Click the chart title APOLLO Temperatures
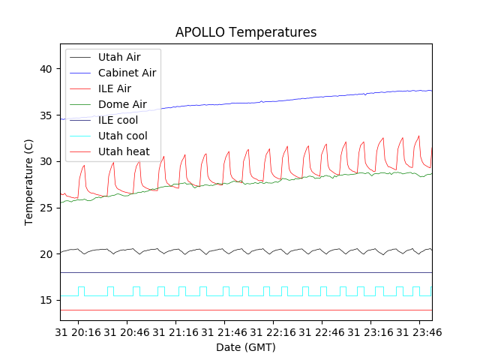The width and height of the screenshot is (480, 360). pyautogui.click(x=246, y=32)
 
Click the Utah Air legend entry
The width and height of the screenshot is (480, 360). pyautogui.click(x=118, y=57)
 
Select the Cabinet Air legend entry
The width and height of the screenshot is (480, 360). pyautogui.click(x=127, y=73)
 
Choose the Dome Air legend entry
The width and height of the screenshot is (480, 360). pyautogui.click(x=122, y=104)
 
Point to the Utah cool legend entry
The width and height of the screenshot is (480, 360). pyautogui.click(x=122, y=136)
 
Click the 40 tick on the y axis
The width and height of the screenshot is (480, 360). pyautogui.click(x=47, y=69)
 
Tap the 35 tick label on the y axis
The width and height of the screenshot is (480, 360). pyautogui.click(x=47, y=115)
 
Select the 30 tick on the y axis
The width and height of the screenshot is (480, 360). pyautogui.click(x=47, y=161)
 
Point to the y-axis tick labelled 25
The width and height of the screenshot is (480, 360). pyautogui.click(x=47, y=208)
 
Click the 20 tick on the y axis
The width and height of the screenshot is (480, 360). pyautogui.click(x=47, y=254)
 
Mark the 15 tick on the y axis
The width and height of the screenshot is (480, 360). pyautogui.click(x=47, y=301)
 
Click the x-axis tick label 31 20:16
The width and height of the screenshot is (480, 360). pyautogui.click(x=82, y=331)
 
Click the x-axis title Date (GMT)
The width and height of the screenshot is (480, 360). pyautogui.click(x=246, y=347)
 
